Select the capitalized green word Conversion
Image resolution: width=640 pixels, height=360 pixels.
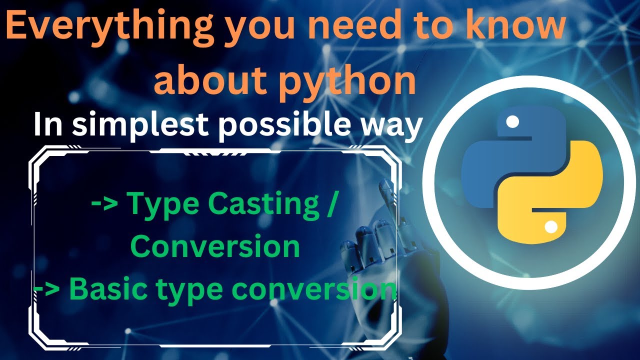[x=215, y=246]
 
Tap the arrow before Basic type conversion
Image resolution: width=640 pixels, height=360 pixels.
[x=47, y=288]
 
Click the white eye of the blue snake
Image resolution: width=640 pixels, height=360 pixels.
[x=511, y=121]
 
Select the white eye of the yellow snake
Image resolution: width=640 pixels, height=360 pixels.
[x=550, y=228]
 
